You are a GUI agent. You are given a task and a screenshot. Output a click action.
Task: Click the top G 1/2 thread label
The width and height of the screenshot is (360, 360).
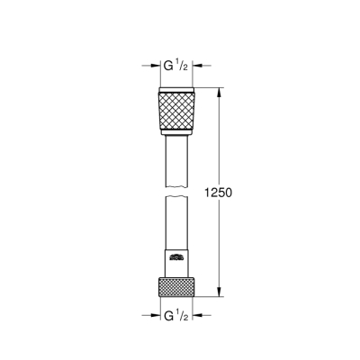pyautogui.click(x=176, y=66)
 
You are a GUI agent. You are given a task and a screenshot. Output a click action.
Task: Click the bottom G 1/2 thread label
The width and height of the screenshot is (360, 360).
pyautogui.click(x=176, y=315)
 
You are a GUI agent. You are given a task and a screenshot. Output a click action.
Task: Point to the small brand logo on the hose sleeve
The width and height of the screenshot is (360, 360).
pyautogui.click(x=176, y=258)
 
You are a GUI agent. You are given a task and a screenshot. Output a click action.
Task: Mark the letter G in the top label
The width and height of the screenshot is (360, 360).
pyautogui.click(x=166, y=66)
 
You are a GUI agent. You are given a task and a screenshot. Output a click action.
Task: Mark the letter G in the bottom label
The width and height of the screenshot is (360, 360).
pyautogui.click(x=166, y=315)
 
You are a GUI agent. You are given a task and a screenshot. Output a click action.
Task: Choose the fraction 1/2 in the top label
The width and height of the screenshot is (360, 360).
pyautogui.click(x=184, y=65)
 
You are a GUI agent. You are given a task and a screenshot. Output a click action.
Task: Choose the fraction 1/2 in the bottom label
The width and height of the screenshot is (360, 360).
pyautogui.click(x=184, y=314)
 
